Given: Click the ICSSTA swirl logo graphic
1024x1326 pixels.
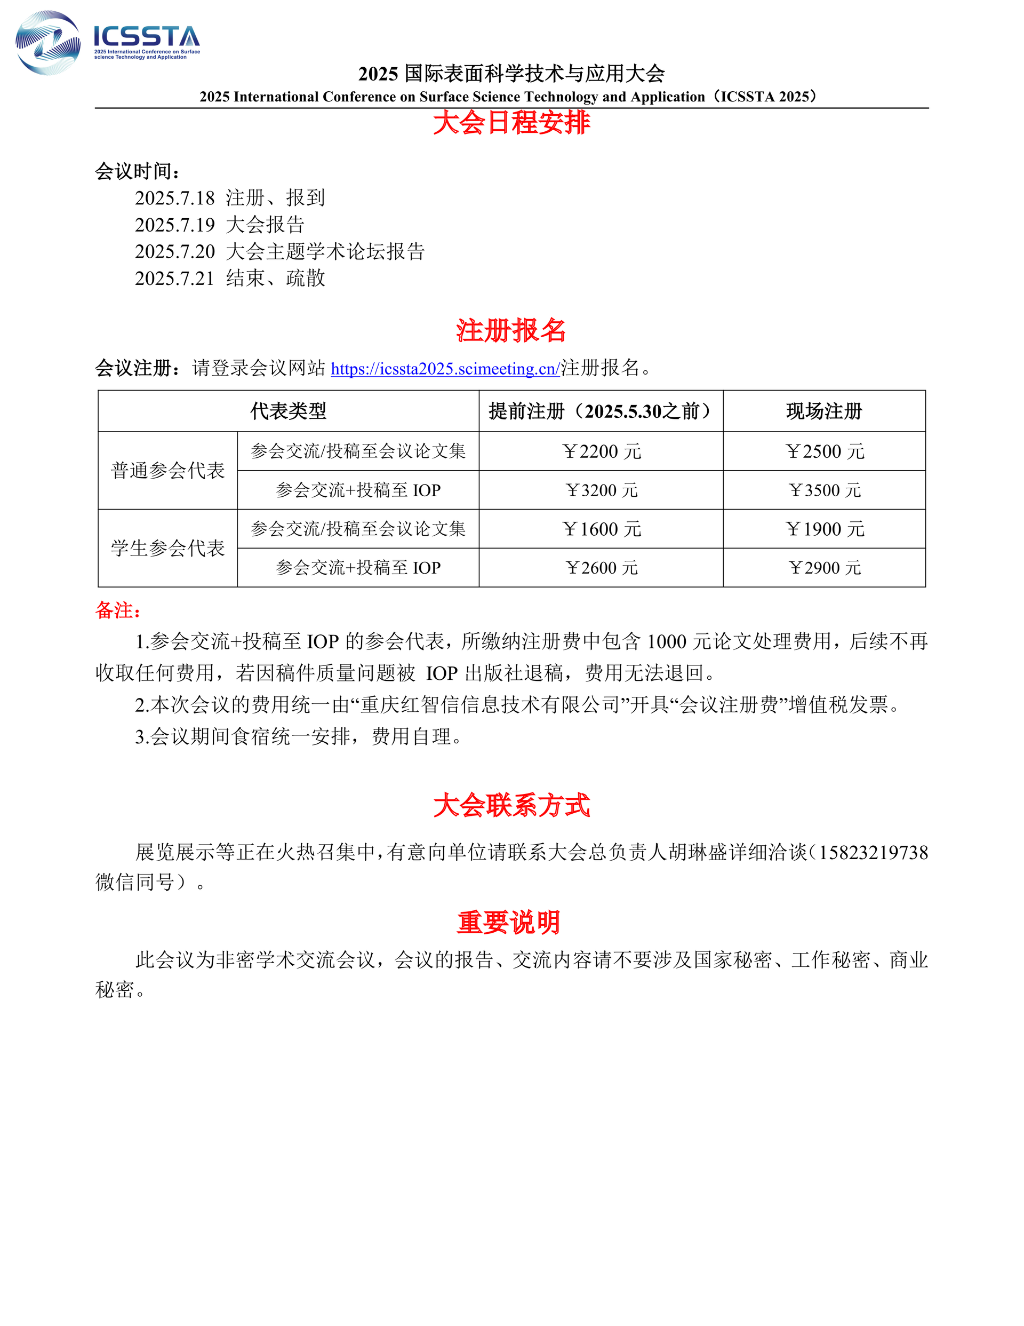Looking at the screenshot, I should (47, 43).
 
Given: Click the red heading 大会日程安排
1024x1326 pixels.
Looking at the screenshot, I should (511, 122).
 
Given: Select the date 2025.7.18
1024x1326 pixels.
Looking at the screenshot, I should (175, 198).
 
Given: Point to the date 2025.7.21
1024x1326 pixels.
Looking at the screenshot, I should (175, 278).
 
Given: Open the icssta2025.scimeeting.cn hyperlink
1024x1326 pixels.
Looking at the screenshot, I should (445, 369).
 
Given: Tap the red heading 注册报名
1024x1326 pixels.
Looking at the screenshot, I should (511, 331).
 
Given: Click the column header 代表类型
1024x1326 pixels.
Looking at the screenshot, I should (289, 411).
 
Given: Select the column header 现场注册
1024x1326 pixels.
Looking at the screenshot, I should (823, 411).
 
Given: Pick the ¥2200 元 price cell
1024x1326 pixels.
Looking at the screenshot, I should (601, 451).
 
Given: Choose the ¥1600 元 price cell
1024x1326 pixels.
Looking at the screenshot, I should (601, 529).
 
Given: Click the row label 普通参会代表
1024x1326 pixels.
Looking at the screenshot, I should (167, 471).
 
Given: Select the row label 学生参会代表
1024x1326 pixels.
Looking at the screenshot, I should (167, 548).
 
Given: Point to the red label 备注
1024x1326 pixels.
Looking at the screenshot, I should (118, 610).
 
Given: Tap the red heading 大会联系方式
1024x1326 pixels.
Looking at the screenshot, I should (511, 806).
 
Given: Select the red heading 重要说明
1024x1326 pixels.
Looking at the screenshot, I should (509, 922).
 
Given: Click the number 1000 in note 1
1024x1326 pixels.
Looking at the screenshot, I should (667, 642).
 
